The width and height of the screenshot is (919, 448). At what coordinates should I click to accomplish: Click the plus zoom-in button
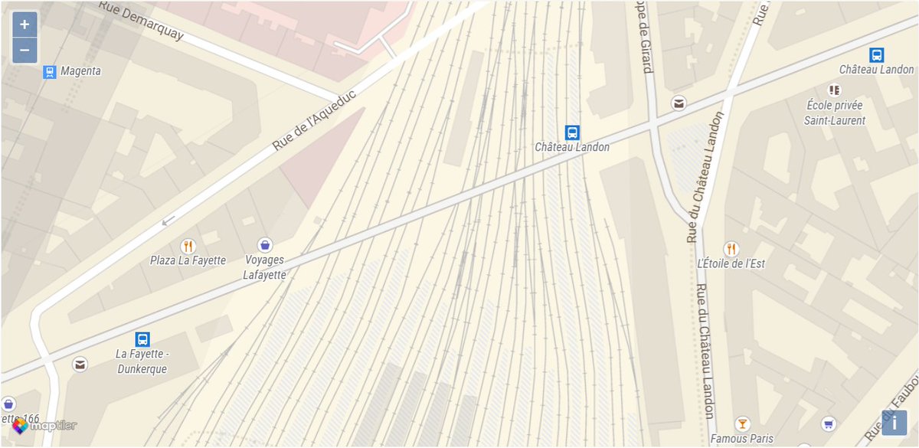click(25, 25)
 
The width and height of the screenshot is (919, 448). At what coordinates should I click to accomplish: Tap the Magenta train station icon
click(50, 71)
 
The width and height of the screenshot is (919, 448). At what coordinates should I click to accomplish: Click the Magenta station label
click(81, 71)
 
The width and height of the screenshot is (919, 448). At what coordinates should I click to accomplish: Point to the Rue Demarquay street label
click(141, 19)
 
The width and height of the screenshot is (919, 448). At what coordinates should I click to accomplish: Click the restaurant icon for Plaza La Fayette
click(188, 245)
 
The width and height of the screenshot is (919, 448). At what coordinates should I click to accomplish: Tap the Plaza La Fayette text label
click(188, 260)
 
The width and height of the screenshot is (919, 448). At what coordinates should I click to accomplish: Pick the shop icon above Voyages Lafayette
click(264, 244)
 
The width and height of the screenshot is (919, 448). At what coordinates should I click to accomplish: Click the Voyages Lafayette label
click(264, 267)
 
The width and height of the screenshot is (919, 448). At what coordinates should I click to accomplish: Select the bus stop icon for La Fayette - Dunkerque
click(142, 339)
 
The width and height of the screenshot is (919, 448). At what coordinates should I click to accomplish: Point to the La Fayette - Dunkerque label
click(142, 361)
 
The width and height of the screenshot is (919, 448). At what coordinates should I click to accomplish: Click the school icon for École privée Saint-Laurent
click(835, 90)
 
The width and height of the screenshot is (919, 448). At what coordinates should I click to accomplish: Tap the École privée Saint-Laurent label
click(835, 113)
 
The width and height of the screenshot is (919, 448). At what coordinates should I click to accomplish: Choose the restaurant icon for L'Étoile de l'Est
click(731, 248)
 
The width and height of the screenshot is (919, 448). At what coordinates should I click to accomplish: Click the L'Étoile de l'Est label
click(731, 263)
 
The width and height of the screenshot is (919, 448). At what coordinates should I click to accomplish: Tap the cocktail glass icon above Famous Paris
click(741, 423)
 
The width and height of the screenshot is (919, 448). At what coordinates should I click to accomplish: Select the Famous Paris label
click(741, 439)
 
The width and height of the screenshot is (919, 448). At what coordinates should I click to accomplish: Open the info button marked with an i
click(894, 422)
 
